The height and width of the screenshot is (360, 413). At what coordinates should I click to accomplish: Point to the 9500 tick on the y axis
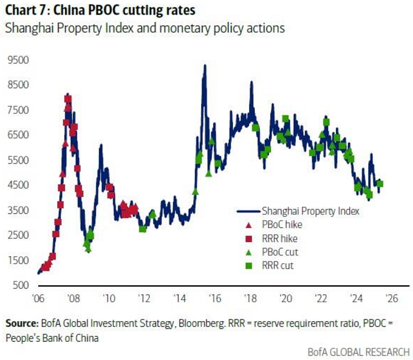pos(17,60)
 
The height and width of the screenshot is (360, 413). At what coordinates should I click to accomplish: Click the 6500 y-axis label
pos(17,135)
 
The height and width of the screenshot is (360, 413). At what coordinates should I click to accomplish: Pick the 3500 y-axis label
pos(17,210)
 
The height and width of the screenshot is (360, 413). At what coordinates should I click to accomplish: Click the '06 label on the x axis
pos(38,298)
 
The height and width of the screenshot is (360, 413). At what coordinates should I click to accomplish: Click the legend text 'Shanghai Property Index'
pos(307,210)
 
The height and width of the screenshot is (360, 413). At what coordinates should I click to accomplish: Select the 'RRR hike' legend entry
pos(279,239)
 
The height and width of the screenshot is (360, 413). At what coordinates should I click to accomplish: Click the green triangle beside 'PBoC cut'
pos(248,253)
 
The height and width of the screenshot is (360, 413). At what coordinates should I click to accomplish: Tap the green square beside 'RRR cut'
pos(248,266)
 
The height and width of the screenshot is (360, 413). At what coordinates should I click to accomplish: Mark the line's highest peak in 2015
pos(204,66)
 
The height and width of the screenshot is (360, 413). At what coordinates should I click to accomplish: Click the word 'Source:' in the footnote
pos(22,323)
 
